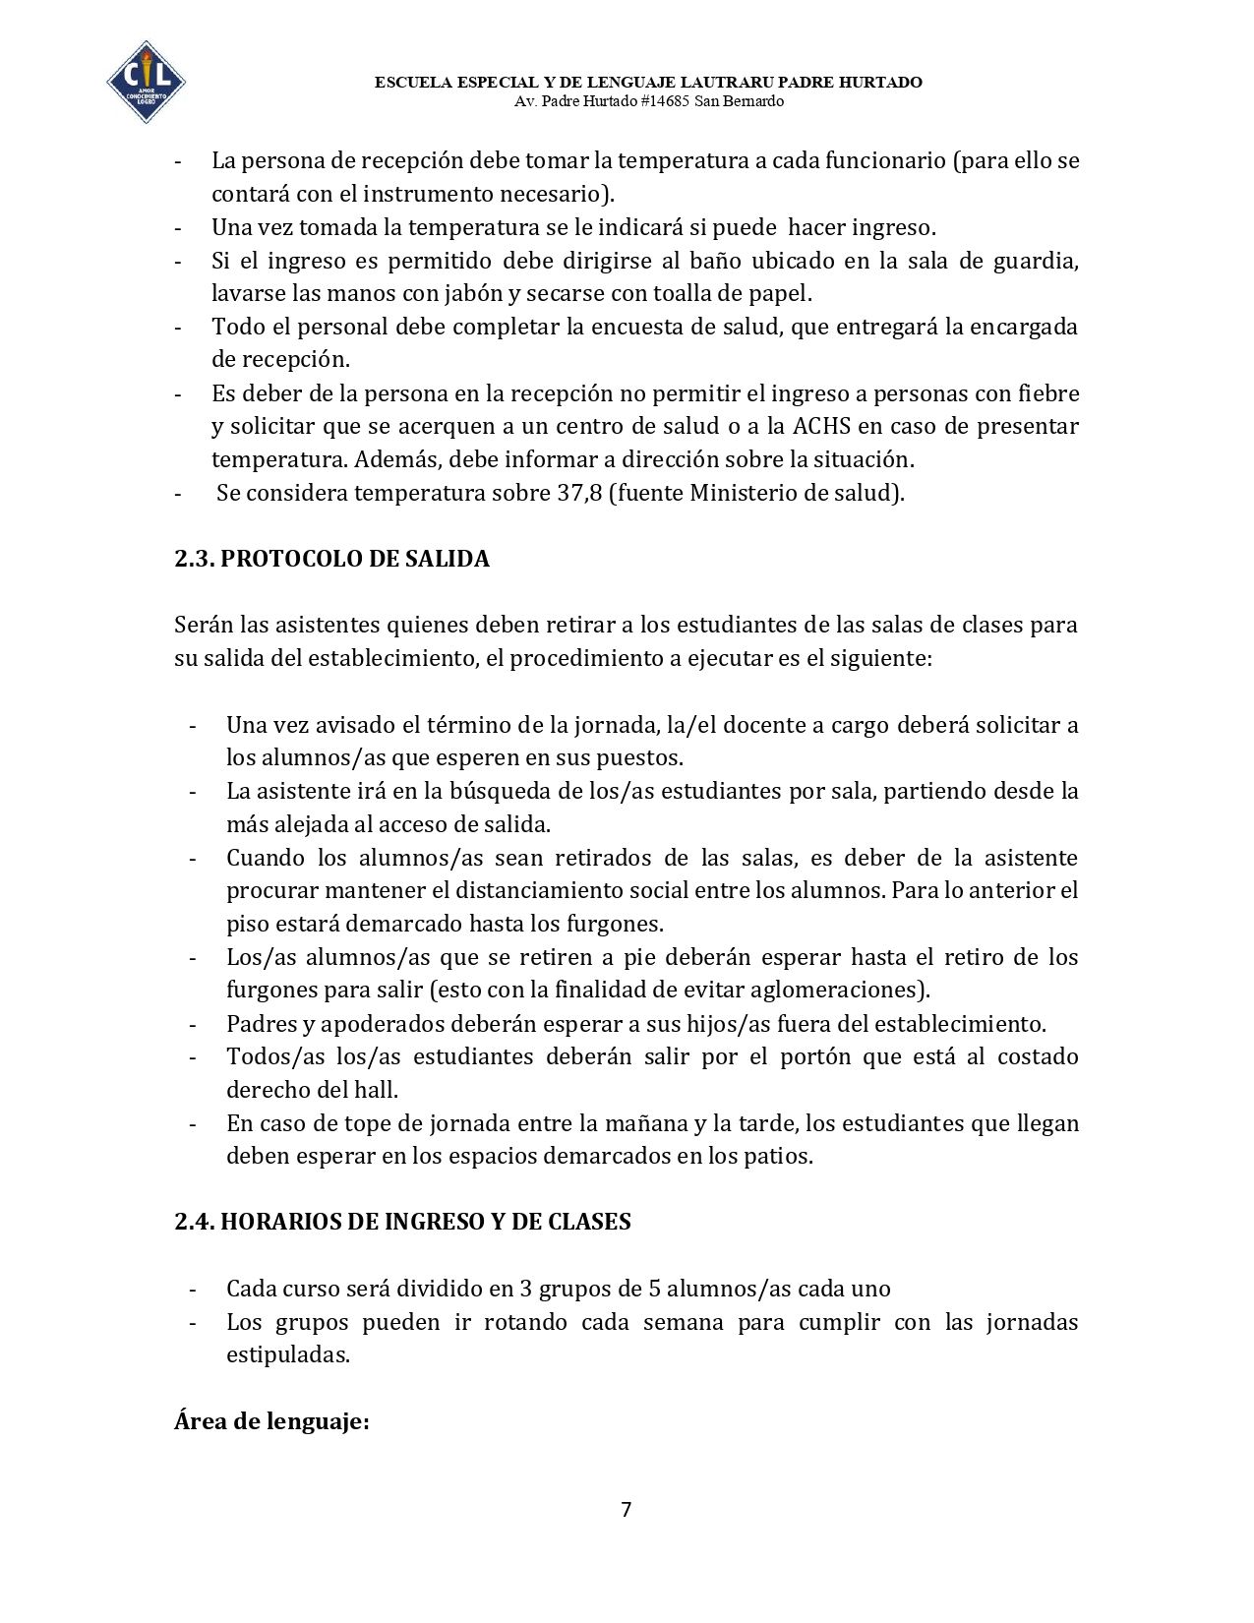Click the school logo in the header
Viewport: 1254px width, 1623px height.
click(146, 82)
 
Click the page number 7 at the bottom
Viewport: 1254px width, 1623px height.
click(627, 1509)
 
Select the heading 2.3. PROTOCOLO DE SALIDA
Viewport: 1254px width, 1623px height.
click(331, 559)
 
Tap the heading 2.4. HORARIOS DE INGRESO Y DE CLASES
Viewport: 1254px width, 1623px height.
click(402, 1222)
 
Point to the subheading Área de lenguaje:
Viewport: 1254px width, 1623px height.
click(271, 1421)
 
